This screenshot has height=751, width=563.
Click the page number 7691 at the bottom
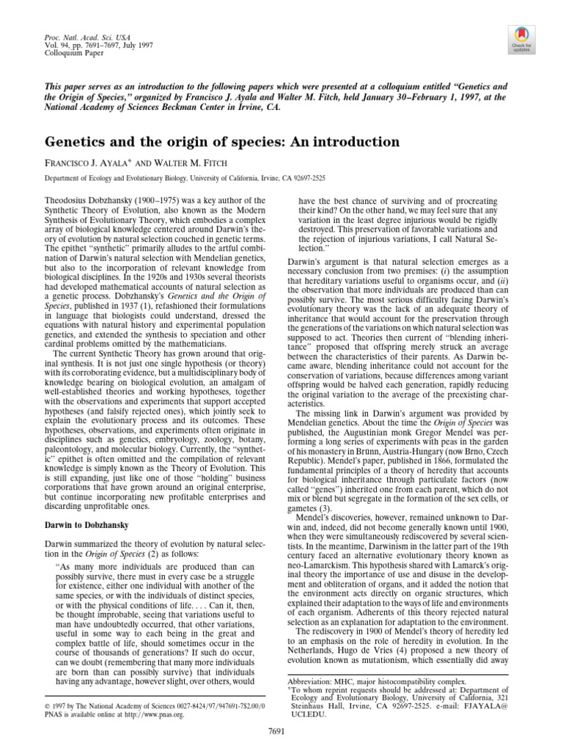(281, 732)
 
